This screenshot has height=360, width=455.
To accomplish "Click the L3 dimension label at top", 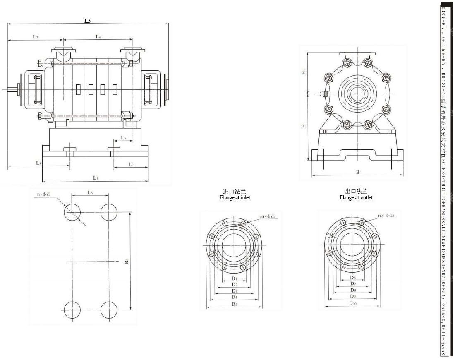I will tap(87, 21).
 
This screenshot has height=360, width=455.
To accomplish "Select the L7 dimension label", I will tap(36, 37).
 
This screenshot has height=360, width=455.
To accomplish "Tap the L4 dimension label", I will tap(98, 37).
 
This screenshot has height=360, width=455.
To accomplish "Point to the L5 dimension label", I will tap(124, 137).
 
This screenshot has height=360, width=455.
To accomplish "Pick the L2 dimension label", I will tap(131, 164).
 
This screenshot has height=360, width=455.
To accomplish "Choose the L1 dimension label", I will tap(95, 178).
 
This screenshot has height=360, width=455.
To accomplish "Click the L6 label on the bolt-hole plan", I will tap(90, 193).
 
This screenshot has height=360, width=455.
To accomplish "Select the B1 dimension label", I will tap(127, 261).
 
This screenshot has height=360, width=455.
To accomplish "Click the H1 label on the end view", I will tap(304, 72).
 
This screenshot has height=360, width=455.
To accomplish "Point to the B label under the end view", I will tap(357, 172).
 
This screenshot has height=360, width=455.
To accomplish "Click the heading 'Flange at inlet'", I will tap(235, 198).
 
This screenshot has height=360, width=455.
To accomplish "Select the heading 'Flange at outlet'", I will tap(356, 198).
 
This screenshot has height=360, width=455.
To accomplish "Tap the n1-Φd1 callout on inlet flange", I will tap(268, 216).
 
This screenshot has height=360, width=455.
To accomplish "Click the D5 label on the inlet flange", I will tap(234, 304).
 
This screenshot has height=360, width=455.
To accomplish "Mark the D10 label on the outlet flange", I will tap(352, 303).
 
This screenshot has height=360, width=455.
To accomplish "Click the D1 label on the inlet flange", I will tap(234, 278).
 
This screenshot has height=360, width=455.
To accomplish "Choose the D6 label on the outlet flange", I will tap(352, 277).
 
